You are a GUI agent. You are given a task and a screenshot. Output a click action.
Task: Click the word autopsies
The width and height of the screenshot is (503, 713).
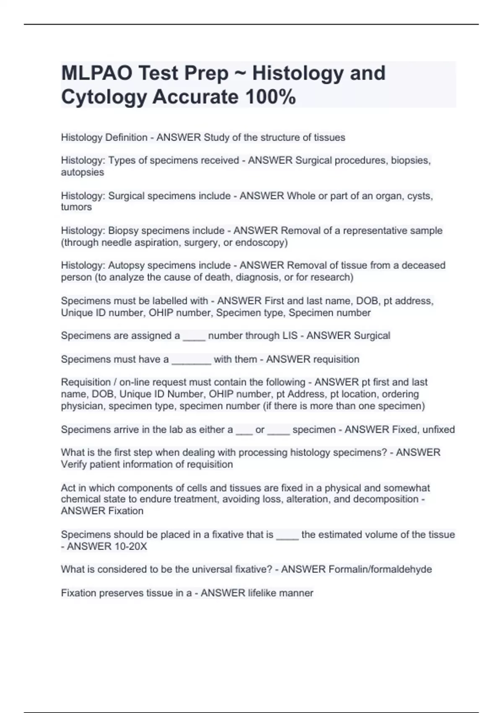coord(82,172)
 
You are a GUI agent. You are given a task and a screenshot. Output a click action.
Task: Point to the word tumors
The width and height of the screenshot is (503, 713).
coord(76,207)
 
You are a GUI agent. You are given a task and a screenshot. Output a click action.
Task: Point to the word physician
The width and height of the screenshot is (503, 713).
coord(82,406)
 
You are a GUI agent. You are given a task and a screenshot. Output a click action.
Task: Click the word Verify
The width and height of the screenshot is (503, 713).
coord(74,464)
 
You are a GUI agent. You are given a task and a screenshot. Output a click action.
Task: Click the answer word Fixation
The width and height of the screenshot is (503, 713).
coord(126,511)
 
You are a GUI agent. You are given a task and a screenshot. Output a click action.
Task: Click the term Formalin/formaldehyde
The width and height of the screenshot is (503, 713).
coord(380,569)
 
